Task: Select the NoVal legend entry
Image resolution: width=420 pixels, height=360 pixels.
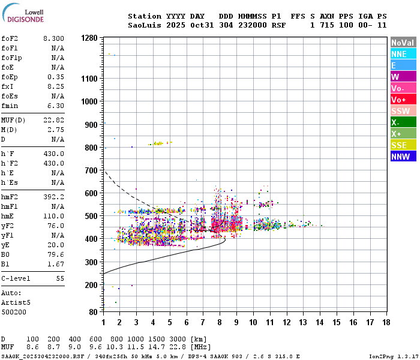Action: click(x=403, y=43)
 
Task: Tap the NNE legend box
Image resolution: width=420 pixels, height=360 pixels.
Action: click(x=403, y=54)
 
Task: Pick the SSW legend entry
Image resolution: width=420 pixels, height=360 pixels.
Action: click(x=403, y=111)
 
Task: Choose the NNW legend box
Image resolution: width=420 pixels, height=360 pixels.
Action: click(x=403, y=157)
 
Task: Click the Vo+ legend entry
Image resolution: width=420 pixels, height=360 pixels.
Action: click(x=403, y=100)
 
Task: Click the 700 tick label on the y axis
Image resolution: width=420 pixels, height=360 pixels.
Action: click(x=91, y=170)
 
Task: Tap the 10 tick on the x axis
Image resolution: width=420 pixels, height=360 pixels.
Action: click(x=253, y=322)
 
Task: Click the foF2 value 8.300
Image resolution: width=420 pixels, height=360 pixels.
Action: click(x=53, y=38)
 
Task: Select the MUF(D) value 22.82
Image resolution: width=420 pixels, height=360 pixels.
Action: click(x=53, y=119)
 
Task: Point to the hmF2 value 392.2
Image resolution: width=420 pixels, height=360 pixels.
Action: click(x=55, y=196)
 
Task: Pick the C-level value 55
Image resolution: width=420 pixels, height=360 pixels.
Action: click(x=60, y=279)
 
